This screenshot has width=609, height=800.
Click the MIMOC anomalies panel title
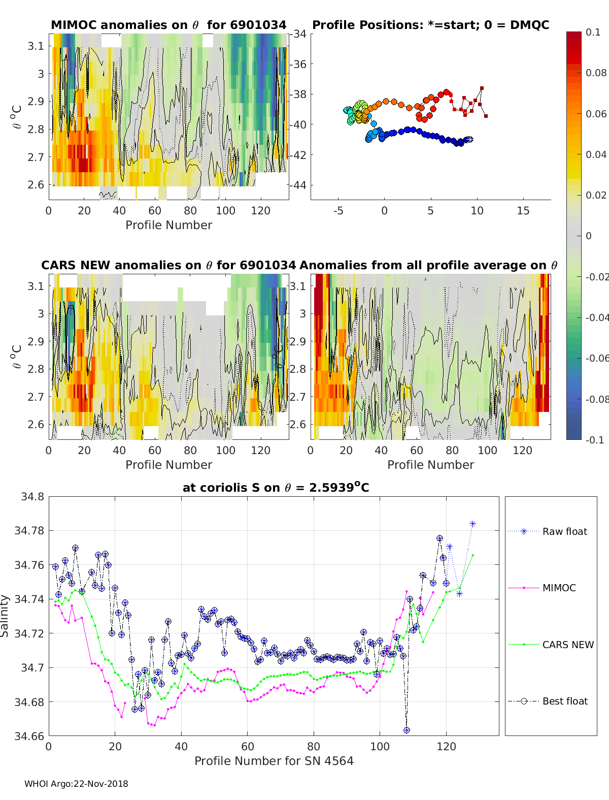168,25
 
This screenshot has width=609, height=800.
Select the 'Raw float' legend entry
564,531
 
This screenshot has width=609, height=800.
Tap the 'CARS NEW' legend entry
568,645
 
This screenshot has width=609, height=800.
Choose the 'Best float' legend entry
565,701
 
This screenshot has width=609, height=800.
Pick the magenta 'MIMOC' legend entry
559,588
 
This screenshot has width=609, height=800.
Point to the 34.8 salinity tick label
32,496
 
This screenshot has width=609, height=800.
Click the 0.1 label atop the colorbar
593,32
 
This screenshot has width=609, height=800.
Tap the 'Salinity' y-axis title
5,616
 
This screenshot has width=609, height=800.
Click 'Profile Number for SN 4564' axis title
274,761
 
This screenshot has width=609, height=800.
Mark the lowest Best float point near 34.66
407,730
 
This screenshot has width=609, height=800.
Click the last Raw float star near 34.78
472,524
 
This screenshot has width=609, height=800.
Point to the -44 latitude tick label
299,185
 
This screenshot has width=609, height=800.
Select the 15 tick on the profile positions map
523,211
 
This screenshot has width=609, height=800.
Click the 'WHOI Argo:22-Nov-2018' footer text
76,784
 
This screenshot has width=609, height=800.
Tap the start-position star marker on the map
469,139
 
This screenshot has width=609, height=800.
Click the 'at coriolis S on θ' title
276,488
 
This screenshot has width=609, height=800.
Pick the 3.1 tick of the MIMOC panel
36,46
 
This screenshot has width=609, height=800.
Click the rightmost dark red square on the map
486,116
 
